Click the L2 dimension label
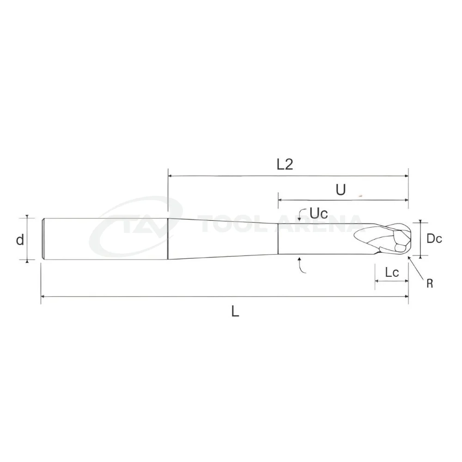285,164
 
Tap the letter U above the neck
340,190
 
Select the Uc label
319,213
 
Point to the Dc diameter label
434,238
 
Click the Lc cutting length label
392,273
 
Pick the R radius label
430,284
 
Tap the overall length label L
235,311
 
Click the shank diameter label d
20,240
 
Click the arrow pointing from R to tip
416,267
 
